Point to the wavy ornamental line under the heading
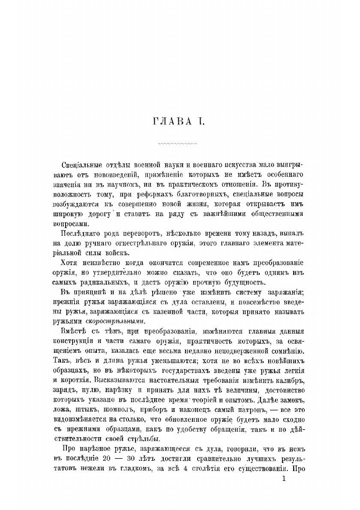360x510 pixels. (x=177, y=143)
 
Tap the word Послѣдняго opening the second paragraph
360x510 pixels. (x=82, y=233)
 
